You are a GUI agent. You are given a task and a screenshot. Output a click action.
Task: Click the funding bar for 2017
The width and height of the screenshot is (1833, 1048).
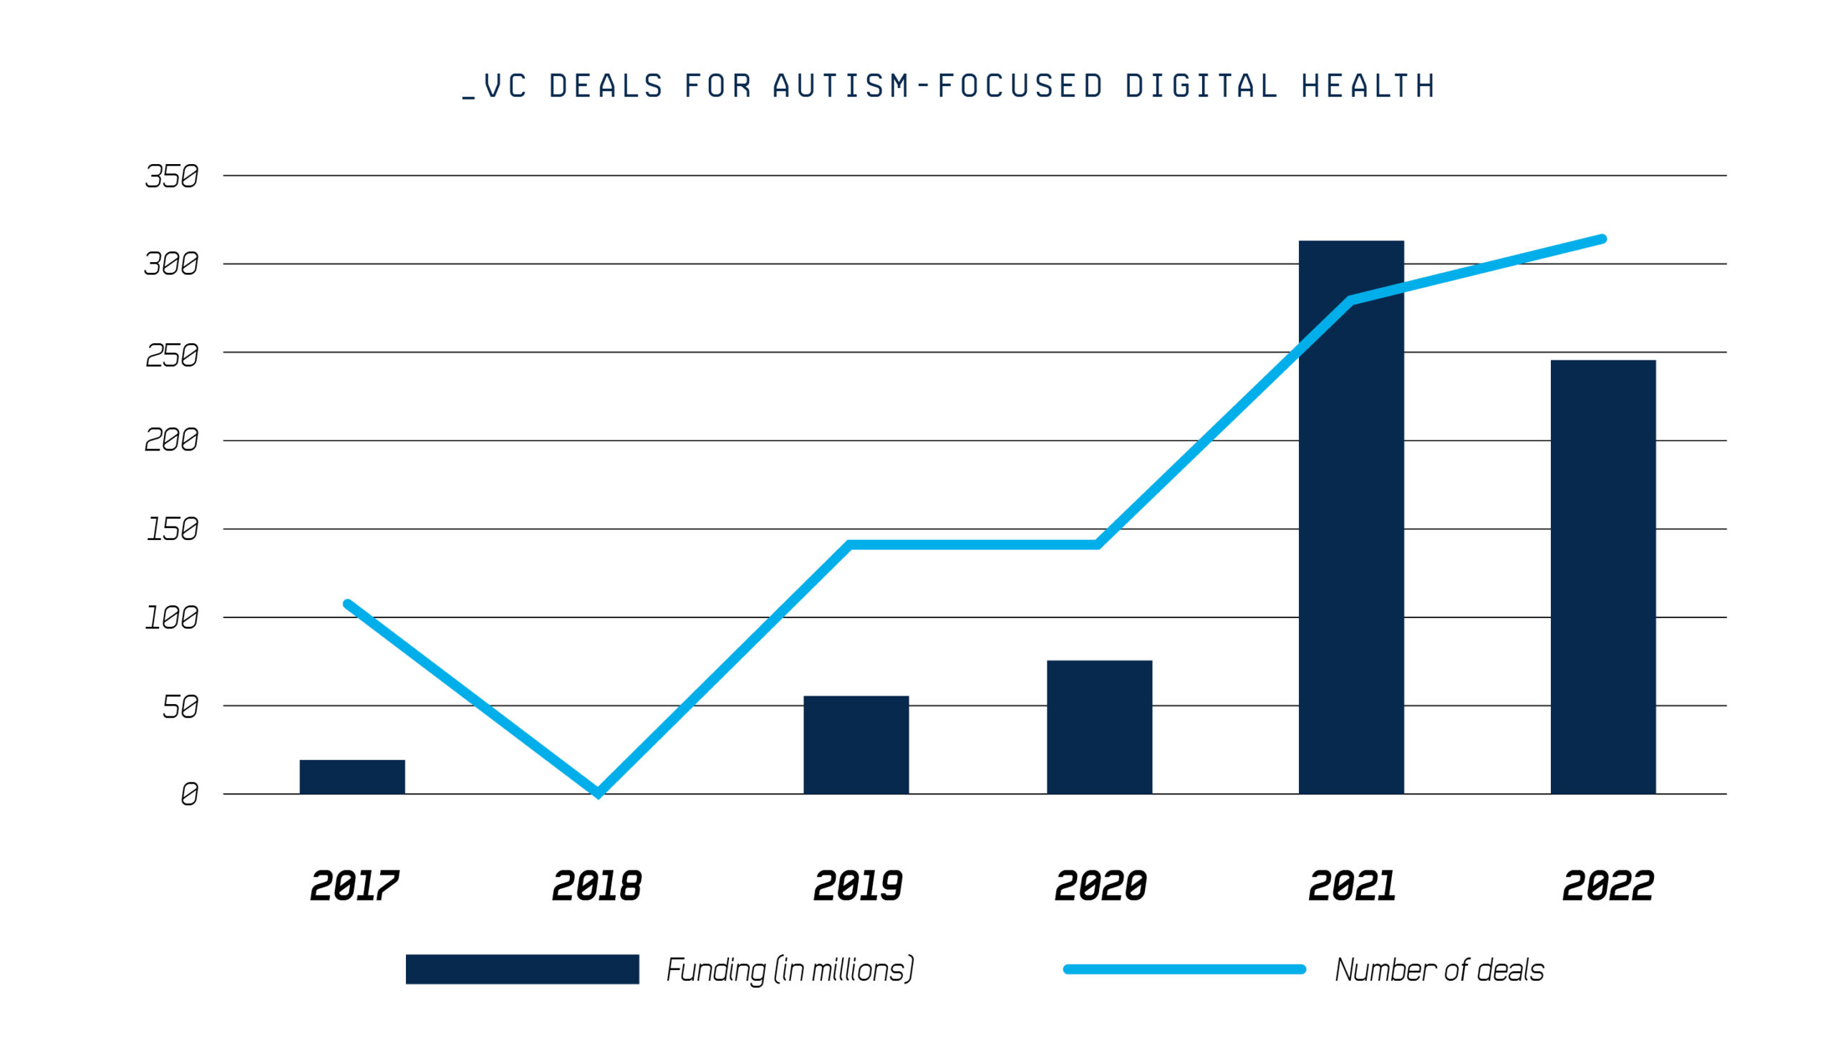coord(352,777)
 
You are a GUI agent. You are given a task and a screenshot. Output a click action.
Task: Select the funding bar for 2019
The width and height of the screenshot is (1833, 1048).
coord(856,745)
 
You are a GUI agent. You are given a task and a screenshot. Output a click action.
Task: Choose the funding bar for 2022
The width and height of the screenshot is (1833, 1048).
coord(1602,577)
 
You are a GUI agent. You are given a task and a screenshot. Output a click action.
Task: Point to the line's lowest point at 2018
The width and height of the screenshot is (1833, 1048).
coord(598,792)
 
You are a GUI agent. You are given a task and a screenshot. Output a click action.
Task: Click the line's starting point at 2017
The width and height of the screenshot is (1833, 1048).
coord(348,604)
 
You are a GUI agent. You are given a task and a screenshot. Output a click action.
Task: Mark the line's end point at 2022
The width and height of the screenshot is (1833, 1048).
coord(1602,239)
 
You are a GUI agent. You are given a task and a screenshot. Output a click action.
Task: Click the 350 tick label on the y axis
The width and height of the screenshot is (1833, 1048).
coord(171,176)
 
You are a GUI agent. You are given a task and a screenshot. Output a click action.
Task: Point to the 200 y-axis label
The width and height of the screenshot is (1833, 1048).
coord(171,440)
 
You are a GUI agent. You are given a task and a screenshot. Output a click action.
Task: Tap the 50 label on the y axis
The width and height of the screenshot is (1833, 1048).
coord(180,707)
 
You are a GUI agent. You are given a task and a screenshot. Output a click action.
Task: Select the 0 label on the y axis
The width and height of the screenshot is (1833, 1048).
coord(189,794)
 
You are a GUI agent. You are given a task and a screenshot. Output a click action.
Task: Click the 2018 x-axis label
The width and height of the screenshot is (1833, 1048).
coord(596,886)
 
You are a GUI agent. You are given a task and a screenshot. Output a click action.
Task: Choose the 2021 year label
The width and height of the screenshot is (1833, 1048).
coord(1352,886)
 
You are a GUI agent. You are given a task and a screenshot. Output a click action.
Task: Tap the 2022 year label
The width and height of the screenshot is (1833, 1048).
coord(1607,886)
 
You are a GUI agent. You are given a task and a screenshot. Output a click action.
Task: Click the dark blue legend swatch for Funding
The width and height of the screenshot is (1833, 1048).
coord(521,968)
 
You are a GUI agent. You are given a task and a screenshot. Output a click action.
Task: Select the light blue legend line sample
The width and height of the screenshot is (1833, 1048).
coord(1184,969)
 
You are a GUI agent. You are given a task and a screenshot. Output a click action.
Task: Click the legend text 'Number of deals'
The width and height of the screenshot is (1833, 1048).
coord(1438,970)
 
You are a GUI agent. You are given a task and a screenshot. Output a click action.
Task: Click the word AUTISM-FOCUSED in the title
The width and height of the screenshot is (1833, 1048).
coord(938,87)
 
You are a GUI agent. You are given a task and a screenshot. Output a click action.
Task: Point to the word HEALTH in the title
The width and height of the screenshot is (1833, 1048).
coord(1368,87)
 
